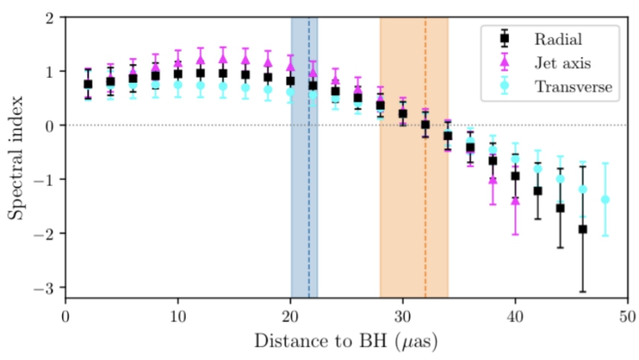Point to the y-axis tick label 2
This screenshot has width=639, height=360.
pos(50,18)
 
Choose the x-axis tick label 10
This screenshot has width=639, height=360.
pos(178,317)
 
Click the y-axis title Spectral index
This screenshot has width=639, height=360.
pos(15,158)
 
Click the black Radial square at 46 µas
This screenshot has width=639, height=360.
pos(583,229)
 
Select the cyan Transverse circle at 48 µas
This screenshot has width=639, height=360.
pos(605,200)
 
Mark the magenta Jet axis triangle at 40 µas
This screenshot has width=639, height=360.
pos(515,200)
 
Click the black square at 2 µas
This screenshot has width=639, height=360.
pos(88,84)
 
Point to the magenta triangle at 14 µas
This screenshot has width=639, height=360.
pos(223,59)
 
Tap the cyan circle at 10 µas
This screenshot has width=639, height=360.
pos(178,85)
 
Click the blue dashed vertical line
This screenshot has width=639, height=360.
pos(308,158)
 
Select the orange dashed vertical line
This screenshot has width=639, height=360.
pos(425,158)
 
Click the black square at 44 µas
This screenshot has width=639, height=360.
pos(560,208)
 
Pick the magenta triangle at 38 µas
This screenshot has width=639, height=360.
pos(493,180)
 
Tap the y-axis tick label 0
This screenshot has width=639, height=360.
pos(50,125)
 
